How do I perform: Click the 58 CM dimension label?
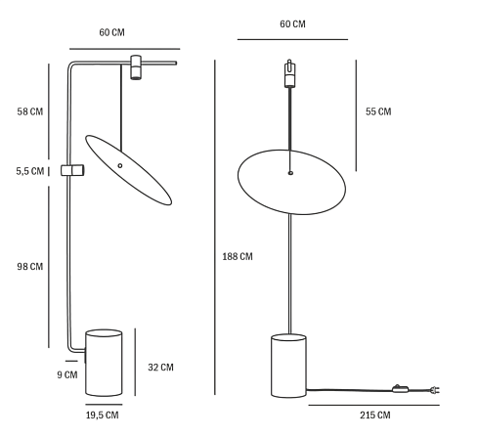30,111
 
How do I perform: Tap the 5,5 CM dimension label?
30,171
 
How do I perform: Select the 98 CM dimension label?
30,267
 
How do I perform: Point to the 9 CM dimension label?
67,374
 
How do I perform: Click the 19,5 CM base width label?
103,415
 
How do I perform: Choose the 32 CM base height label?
160,368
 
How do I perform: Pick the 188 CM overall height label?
238,256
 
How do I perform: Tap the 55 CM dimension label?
378,111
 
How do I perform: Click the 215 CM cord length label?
375,415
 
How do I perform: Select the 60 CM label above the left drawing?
111,32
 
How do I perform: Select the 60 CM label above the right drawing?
292,24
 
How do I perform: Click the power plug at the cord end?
435,389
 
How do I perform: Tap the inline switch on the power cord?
401,388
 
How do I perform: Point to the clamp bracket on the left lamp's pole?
72,170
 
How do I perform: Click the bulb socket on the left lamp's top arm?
136,67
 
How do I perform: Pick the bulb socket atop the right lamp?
289,73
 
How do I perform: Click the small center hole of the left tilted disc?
120,165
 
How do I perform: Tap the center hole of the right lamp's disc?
290,173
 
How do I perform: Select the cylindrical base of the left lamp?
104,363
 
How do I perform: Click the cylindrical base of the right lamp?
288,366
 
